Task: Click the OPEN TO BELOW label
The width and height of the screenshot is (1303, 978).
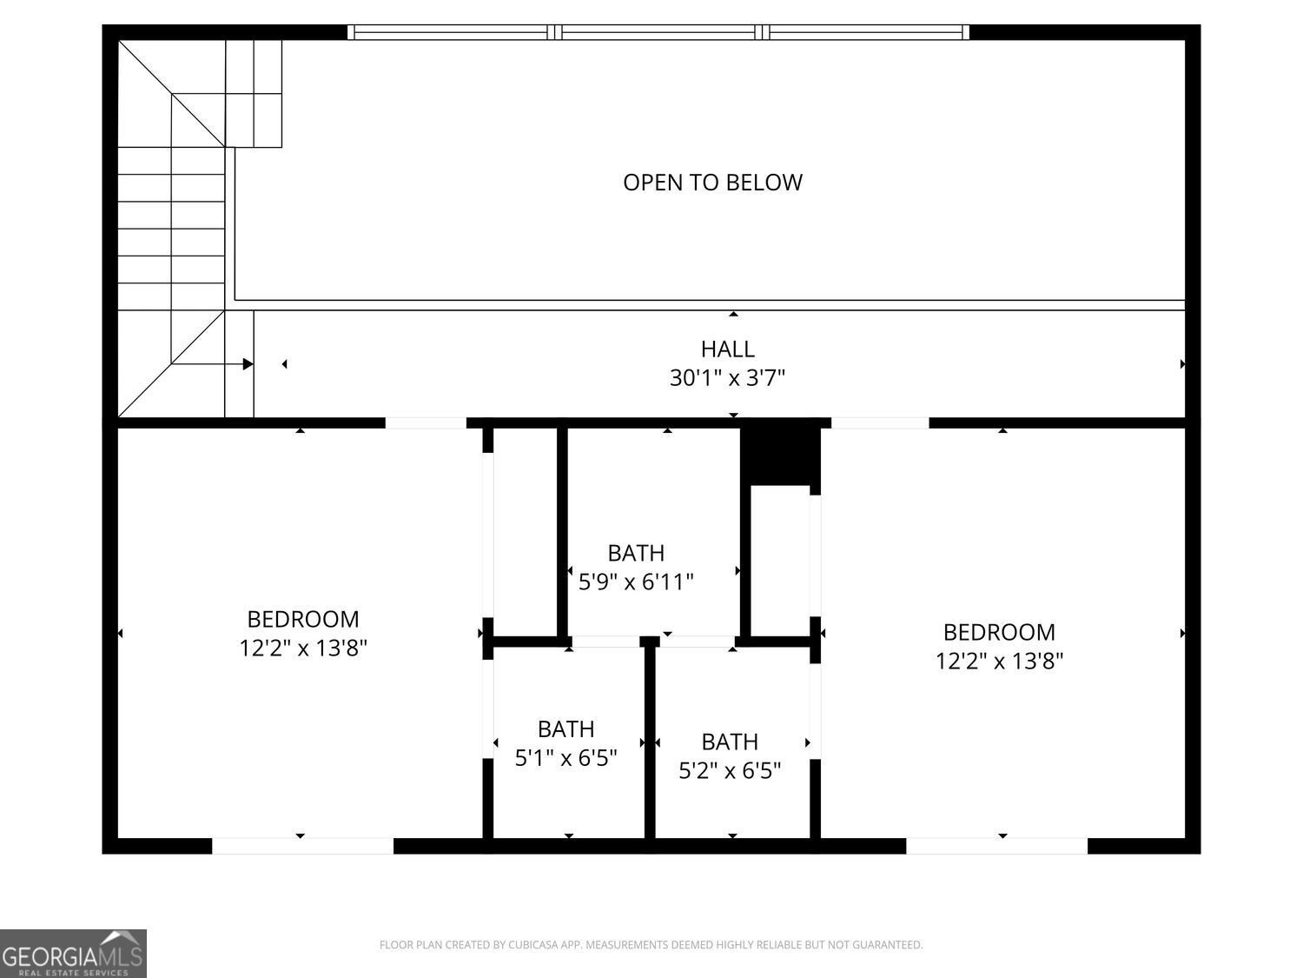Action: pyautogui.click(x=712, y=183)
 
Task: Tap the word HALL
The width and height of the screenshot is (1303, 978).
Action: pyautogui.click(x=728, y=349)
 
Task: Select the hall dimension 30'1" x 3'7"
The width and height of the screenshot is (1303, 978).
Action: pyautogui.click(x=727, y=377)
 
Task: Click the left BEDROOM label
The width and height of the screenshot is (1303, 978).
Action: pyautogui.click(x=303, y=619)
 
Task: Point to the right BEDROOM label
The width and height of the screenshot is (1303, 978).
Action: pyautogui.click(x=999, y=632)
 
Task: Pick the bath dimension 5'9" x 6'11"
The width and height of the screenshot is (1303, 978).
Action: pyautogui.click(x=636, y=582)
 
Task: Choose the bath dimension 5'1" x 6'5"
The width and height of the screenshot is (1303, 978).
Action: pyautogui.click(x=566, y=758)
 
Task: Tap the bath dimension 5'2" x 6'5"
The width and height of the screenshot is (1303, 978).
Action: pyautogui.click(x=730, y=771)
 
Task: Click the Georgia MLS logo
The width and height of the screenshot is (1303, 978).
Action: pyautogui.click(x=73, y=954)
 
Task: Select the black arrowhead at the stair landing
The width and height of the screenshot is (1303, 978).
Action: pyautogui.click(x=248, y=364)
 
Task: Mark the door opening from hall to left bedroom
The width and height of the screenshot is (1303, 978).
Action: pyautogui.click(x=426, y=422)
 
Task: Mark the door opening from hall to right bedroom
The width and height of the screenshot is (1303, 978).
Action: pyautogui.click(x=880, y=422)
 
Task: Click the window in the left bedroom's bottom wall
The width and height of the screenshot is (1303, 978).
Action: pyautogui.click(x=303, y=846)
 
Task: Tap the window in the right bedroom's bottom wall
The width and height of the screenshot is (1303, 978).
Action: pyautogui.click(x=996, y=846)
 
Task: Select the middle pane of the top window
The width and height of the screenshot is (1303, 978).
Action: pyautogui.click(x=658, y=32)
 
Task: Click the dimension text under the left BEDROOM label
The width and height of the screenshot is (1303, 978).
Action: pyautogui.click(x=303, y=648)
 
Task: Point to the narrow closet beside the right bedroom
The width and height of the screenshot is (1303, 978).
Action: pyautogui.click(x=780, y=561)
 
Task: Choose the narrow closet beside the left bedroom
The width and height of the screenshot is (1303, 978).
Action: pyautogui.click(x=525, y=532)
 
